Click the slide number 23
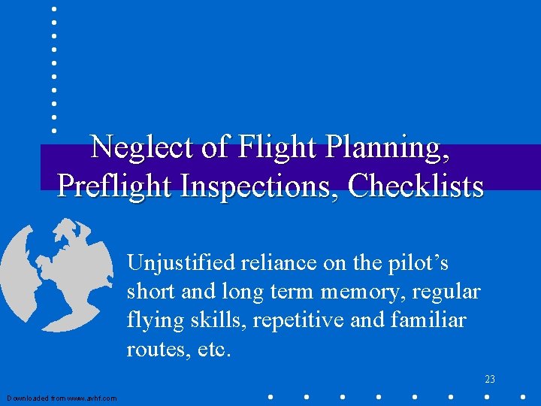tap(489, 380)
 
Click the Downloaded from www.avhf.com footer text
tap(62, 398)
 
